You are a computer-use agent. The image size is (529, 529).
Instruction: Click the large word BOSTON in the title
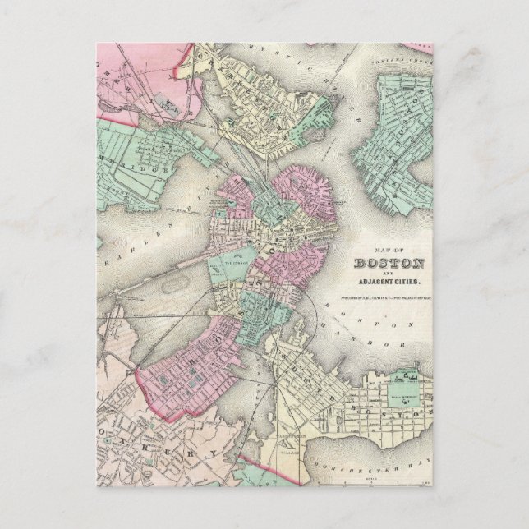coord(389,264)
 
